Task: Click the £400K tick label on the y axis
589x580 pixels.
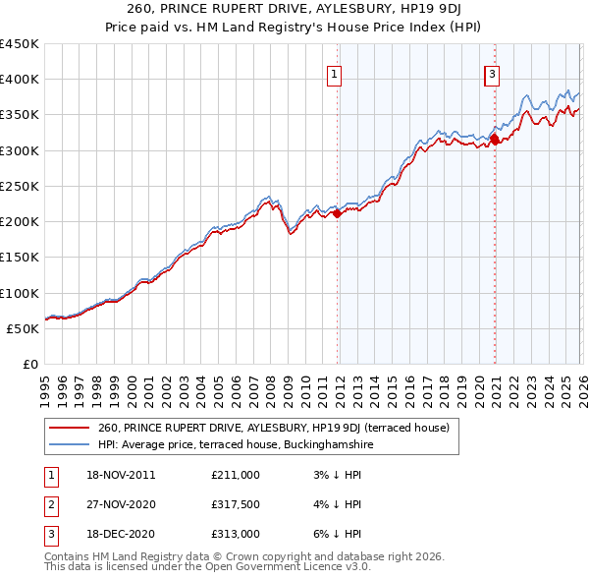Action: [20, 80]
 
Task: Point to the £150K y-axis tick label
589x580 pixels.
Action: [20, 258]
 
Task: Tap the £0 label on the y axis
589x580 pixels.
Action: [29, 365]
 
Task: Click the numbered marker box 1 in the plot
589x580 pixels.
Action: [335, 73]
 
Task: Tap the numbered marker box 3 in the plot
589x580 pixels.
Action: [491, 73]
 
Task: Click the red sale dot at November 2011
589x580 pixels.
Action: [338, 213]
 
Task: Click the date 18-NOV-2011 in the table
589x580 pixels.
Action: [121, 475]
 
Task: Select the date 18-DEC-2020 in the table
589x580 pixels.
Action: [121, 534]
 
